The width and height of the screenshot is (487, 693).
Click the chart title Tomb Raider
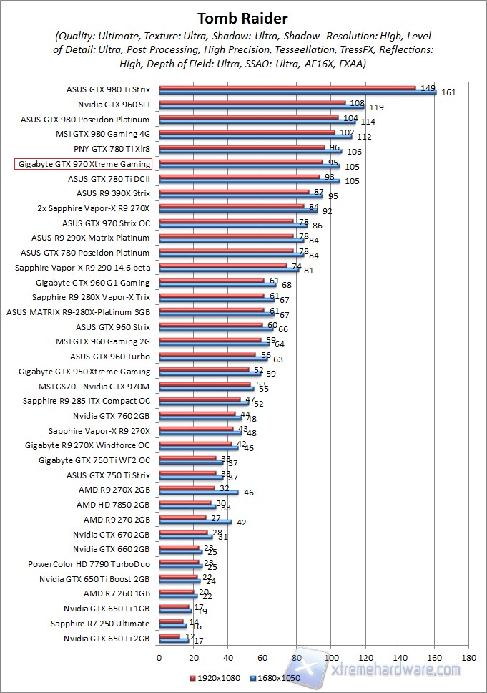click(243, 17)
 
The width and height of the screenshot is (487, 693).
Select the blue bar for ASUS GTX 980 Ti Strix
click(297, 92)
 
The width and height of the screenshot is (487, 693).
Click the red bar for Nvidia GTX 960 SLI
click(252, 102)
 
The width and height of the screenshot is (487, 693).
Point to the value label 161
click(449, 92)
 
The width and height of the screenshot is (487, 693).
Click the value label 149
click(428, 87)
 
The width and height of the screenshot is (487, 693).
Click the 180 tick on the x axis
click(469, 656)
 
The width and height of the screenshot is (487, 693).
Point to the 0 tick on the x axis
click(159, 656)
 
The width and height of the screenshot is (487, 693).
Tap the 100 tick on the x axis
click(332, 656)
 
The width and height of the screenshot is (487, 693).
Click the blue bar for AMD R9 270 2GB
click(195, 522)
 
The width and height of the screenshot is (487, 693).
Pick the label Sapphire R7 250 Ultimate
click(100, 624)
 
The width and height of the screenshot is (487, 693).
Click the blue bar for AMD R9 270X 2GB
click(199, 493)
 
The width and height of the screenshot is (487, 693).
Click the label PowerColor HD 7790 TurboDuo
click(89, 564)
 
